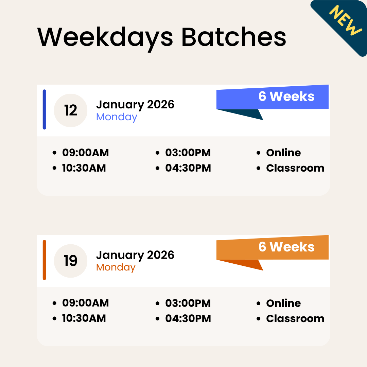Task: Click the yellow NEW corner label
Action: pos(346,20)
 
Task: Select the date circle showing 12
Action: pos(71,110)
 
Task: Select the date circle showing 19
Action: pos(71,261)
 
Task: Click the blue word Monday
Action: pos(117,117)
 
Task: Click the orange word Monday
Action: pos(116,267)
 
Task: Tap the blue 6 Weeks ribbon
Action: pos(286,97)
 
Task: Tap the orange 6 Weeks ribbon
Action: pos(286,247)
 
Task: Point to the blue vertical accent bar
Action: pos(45,109)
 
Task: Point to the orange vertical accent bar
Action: pos(45,260)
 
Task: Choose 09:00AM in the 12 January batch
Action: pos(85,153)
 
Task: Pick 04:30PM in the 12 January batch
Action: pos(188,168)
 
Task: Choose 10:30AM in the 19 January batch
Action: pos(84,318)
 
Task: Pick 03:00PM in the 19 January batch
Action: pos(188,303)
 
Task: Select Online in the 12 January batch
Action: pos(283,153)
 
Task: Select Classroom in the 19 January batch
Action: pos(295,319)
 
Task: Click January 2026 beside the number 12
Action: pos(135,104)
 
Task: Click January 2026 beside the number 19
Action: pos(135,255)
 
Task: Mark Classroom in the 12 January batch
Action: pos(295,168)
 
